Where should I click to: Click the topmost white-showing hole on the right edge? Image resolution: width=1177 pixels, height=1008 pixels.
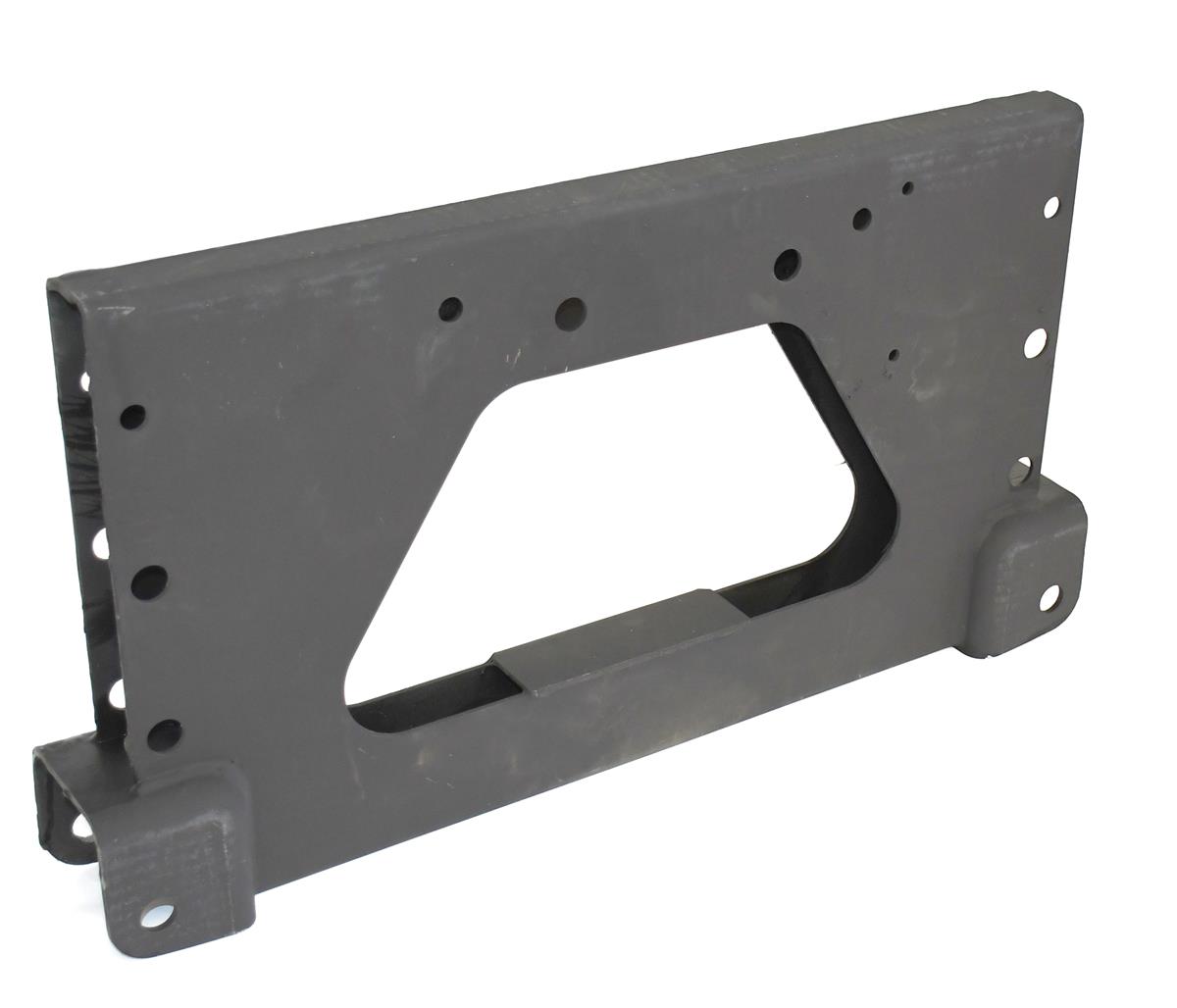pyautogui.click(x=1052, y=207)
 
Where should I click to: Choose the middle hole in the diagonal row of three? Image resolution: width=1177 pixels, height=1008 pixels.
pyautogui.click(x=863, y=218)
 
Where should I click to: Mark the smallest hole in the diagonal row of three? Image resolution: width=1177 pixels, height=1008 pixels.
pyautogui.click(x=909, y=187)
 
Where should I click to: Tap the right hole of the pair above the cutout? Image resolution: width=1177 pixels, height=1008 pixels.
pyautogui.click(x=570, y=313)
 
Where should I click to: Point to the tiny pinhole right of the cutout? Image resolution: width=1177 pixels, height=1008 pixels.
pyautogui.click(x=894, y=354)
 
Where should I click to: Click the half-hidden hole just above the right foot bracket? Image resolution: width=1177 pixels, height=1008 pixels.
pyautogui.click(x=1024, y=465)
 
